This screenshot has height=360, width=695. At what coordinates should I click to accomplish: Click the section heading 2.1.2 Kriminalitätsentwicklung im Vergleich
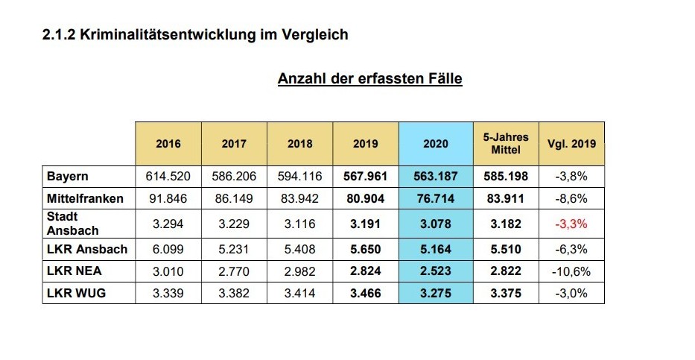tap(195, 35)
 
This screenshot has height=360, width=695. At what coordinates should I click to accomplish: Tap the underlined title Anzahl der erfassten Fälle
tap(369, 79)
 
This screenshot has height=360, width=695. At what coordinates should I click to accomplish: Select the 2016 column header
tap(168, 144)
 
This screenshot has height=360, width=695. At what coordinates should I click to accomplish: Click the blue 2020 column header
tap(436, 144)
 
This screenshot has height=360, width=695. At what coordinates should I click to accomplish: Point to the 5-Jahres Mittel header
tap(506, 143)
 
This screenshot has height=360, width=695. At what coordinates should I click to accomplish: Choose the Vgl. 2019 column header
tap(571, 144)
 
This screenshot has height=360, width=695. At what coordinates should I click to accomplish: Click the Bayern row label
tap(67, 177)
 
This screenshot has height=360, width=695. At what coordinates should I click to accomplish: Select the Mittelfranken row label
tap(84, 199)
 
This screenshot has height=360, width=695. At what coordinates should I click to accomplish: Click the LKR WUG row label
tap(76, 293)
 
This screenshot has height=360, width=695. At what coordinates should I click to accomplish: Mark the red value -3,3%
tap(571, 224)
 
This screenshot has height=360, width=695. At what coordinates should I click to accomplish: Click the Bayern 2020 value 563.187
tap(436, 177)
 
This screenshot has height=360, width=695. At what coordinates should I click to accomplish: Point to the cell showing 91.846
tap(168, 199)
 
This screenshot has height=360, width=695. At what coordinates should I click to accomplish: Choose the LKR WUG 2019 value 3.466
tap(365, 293)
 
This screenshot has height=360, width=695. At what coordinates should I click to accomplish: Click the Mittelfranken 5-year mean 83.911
tap(506, 199)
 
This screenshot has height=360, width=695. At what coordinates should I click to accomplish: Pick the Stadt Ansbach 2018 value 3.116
tap(299, 224)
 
